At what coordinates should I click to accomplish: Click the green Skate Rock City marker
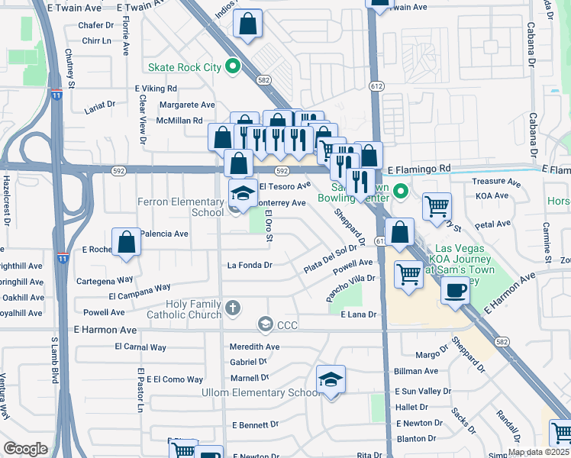(x=234, y=67)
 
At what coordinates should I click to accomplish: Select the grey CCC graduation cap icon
(x=265, y=325)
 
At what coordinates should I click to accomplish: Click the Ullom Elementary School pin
(x=330, y=379)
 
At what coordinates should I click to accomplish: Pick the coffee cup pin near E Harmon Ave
(x=456, y=291)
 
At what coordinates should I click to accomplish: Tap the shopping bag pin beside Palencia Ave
(x=127, y=243)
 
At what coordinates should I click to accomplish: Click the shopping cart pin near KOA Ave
(x=437, y=205)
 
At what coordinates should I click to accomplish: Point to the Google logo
(x=25, y=449)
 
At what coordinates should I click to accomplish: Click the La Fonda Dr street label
(x=250, y=266)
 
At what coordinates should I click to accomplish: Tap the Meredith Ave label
(x=255, y=347)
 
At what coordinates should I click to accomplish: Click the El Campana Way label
(x=139, y=292)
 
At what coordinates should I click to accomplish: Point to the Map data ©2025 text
(x=538, y=452)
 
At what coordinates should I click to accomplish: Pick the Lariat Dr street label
(x=99, y=104)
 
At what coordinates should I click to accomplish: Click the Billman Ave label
(x=416, y=371)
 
